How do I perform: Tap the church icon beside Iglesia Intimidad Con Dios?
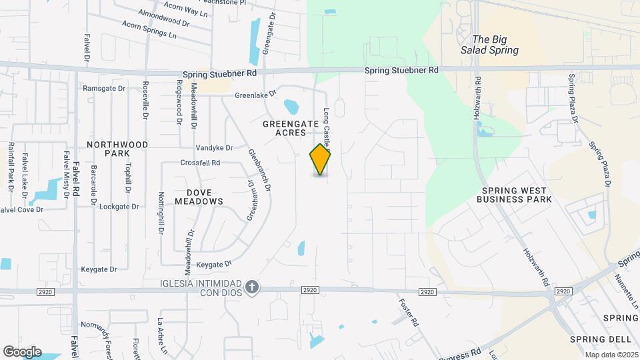click(251, 286)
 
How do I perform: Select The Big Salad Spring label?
click(495, 45)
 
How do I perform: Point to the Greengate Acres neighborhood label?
click(284, 128)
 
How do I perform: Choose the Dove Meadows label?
click(199, 195)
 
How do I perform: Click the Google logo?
click(22, 351)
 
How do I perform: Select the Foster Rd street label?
click(408, 311)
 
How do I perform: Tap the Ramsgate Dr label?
click(103, 88)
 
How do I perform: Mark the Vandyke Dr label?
click(214, 147)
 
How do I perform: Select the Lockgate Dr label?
click(119, 207)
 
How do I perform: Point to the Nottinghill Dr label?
click(161, 213)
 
